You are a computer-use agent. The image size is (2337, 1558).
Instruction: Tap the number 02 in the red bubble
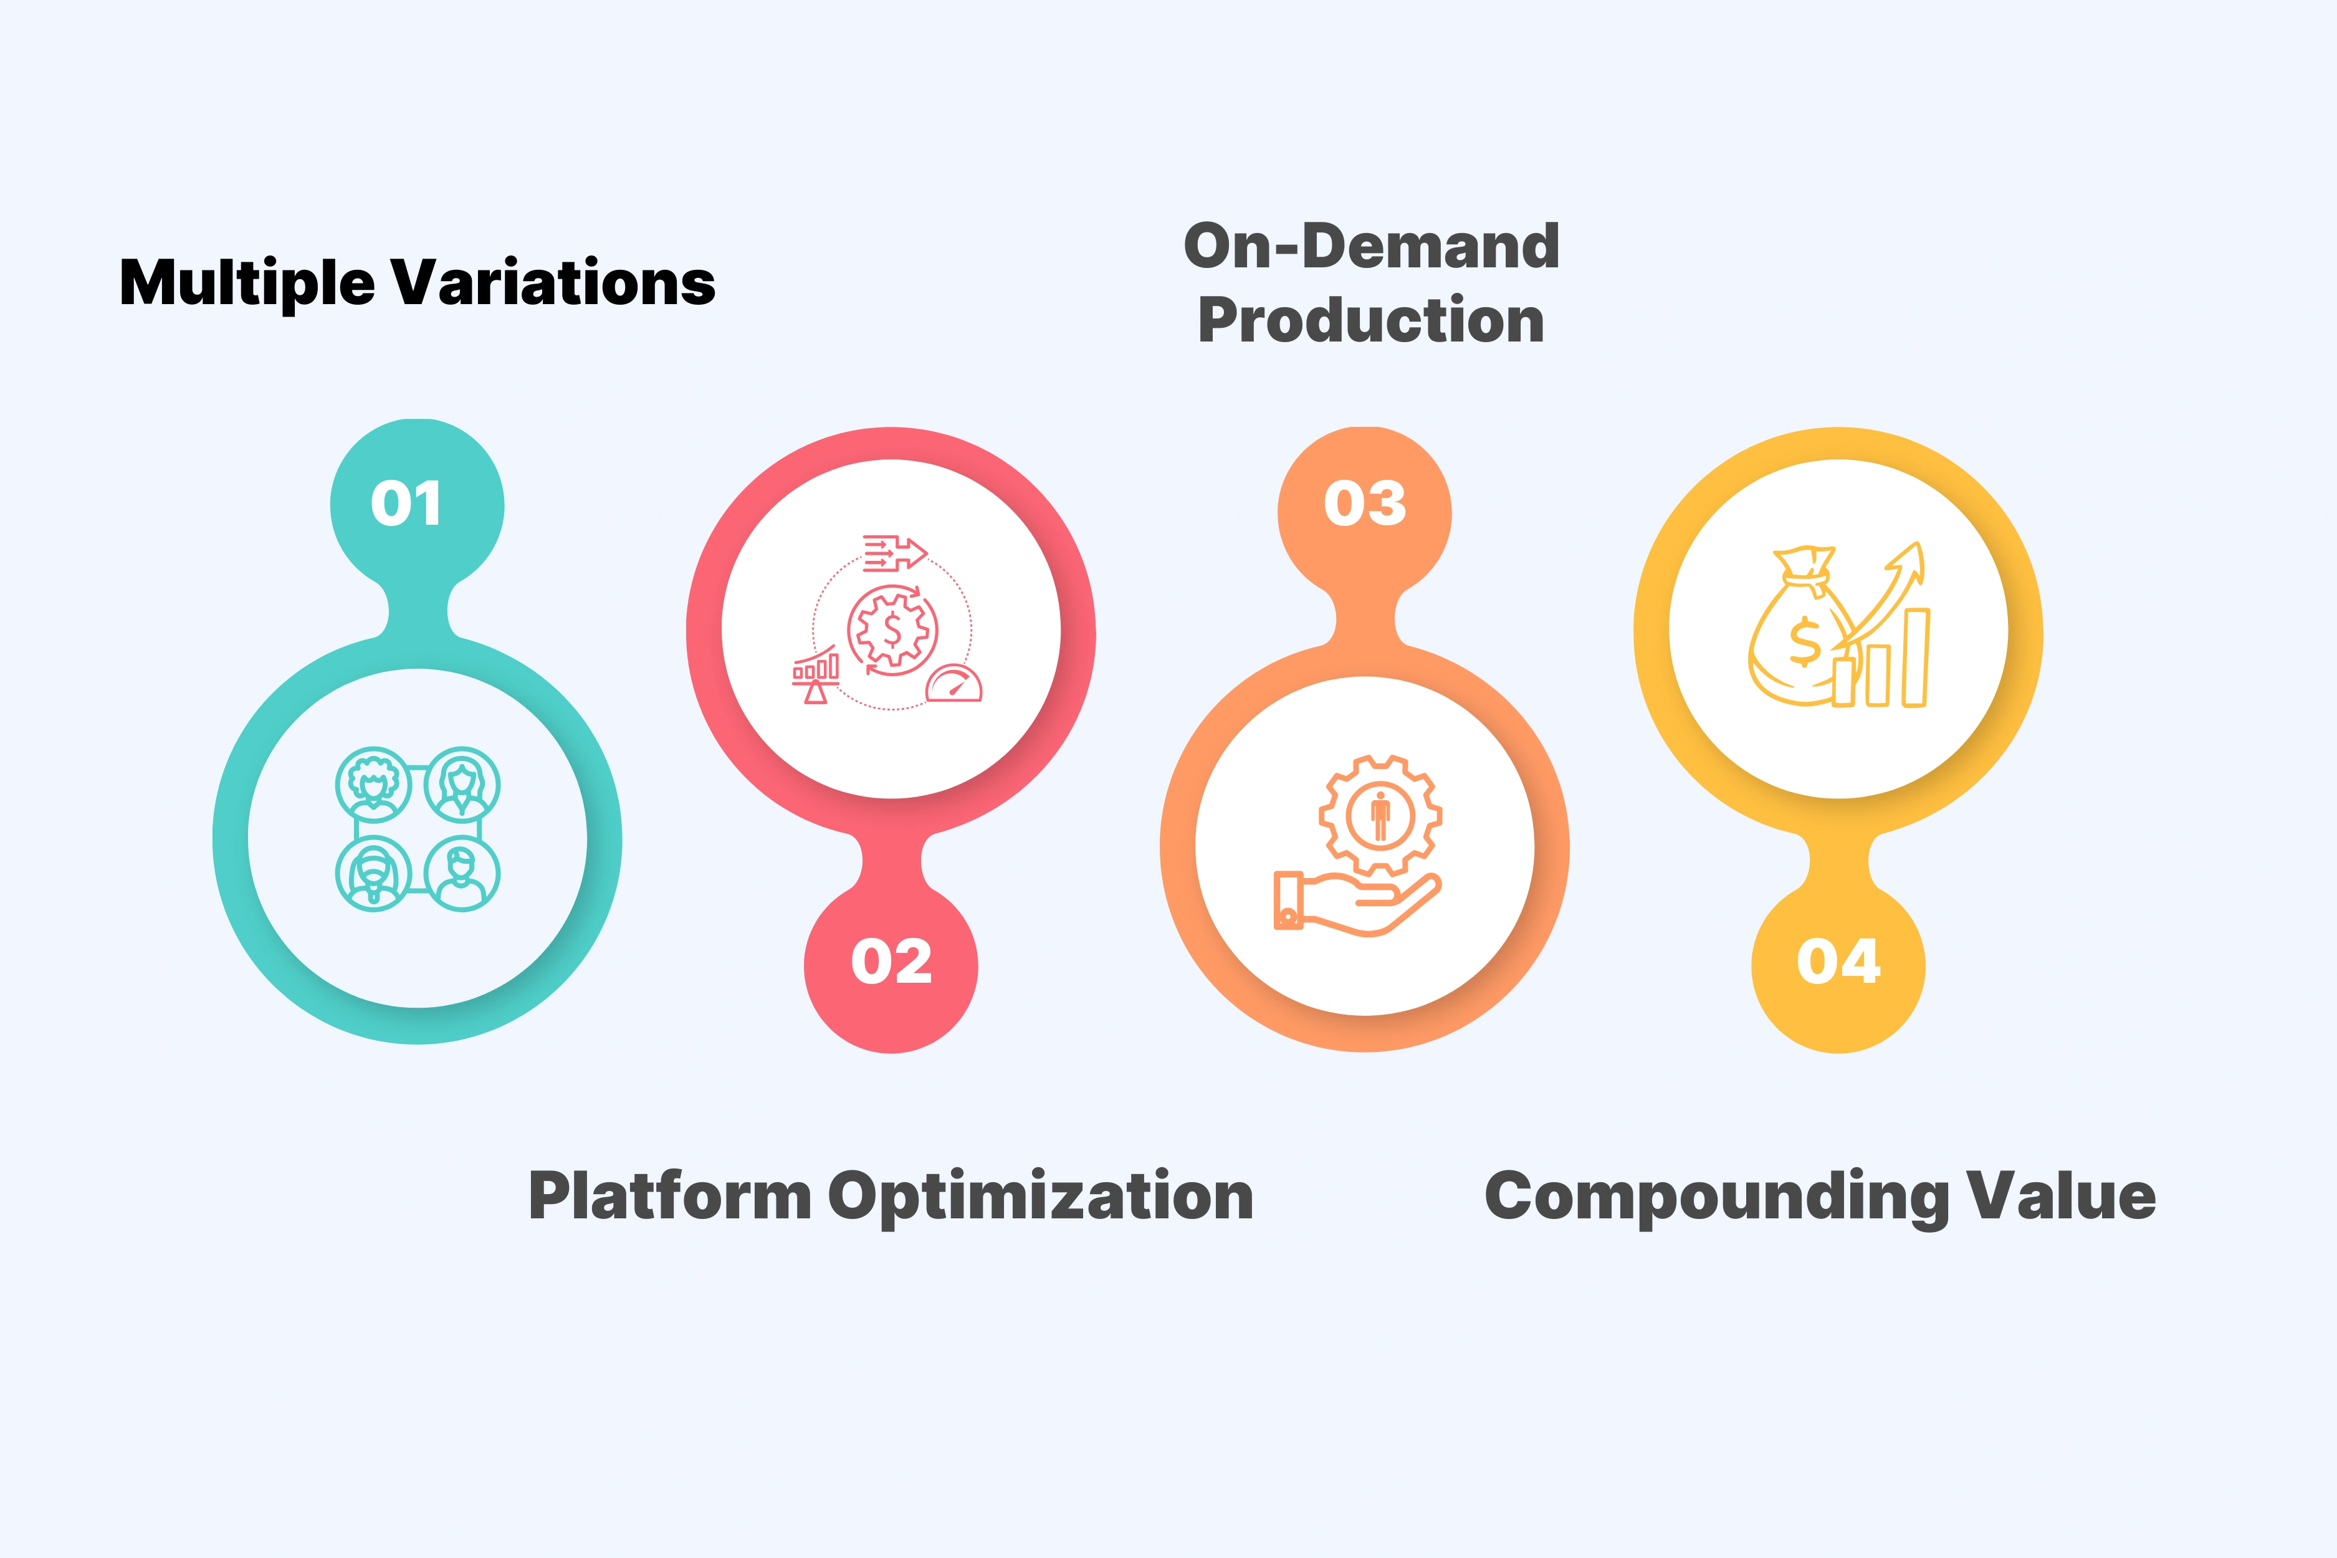coord(891,962)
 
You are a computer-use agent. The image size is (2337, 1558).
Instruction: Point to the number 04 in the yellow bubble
coord(1838,962)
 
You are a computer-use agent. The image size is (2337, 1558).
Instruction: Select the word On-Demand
coord(1371,246)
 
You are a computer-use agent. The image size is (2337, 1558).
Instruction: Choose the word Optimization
coord(1040,1197)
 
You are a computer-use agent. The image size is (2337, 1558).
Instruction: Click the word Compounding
coord(1716,1197)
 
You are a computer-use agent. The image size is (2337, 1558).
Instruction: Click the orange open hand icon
coord(1356,903)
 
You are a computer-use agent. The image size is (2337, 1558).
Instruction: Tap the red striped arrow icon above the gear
coord(894,552)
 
